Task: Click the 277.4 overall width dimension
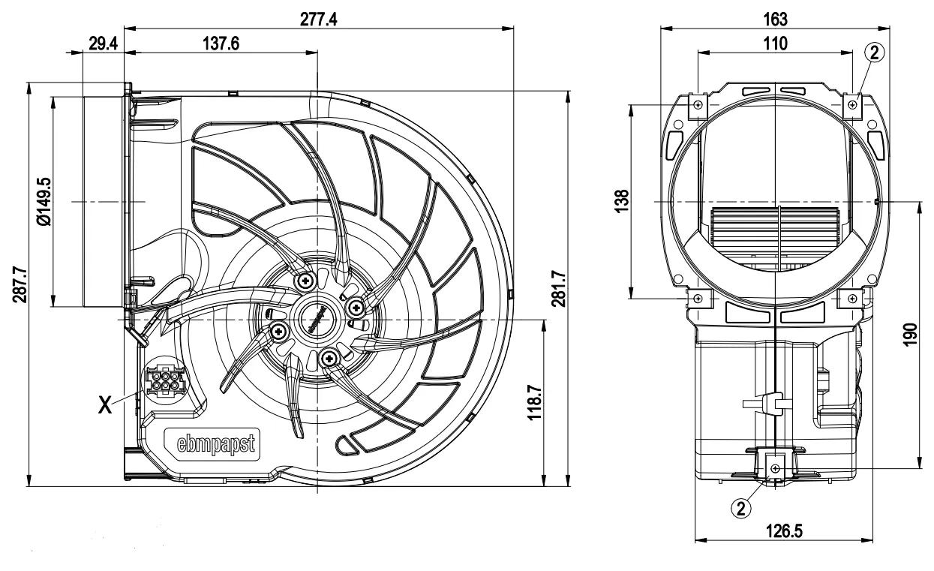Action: point(319,19)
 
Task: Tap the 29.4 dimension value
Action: point(103,44)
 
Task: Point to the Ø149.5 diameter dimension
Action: point(43,202)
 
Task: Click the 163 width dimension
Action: point(775,19)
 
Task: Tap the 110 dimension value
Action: point(775,44)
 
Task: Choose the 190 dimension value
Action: point(910,334)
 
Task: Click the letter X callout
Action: point(107,404)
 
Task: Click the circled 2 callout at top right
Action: point(874,52)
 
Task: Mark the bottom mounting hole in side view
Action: point(775,468)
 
